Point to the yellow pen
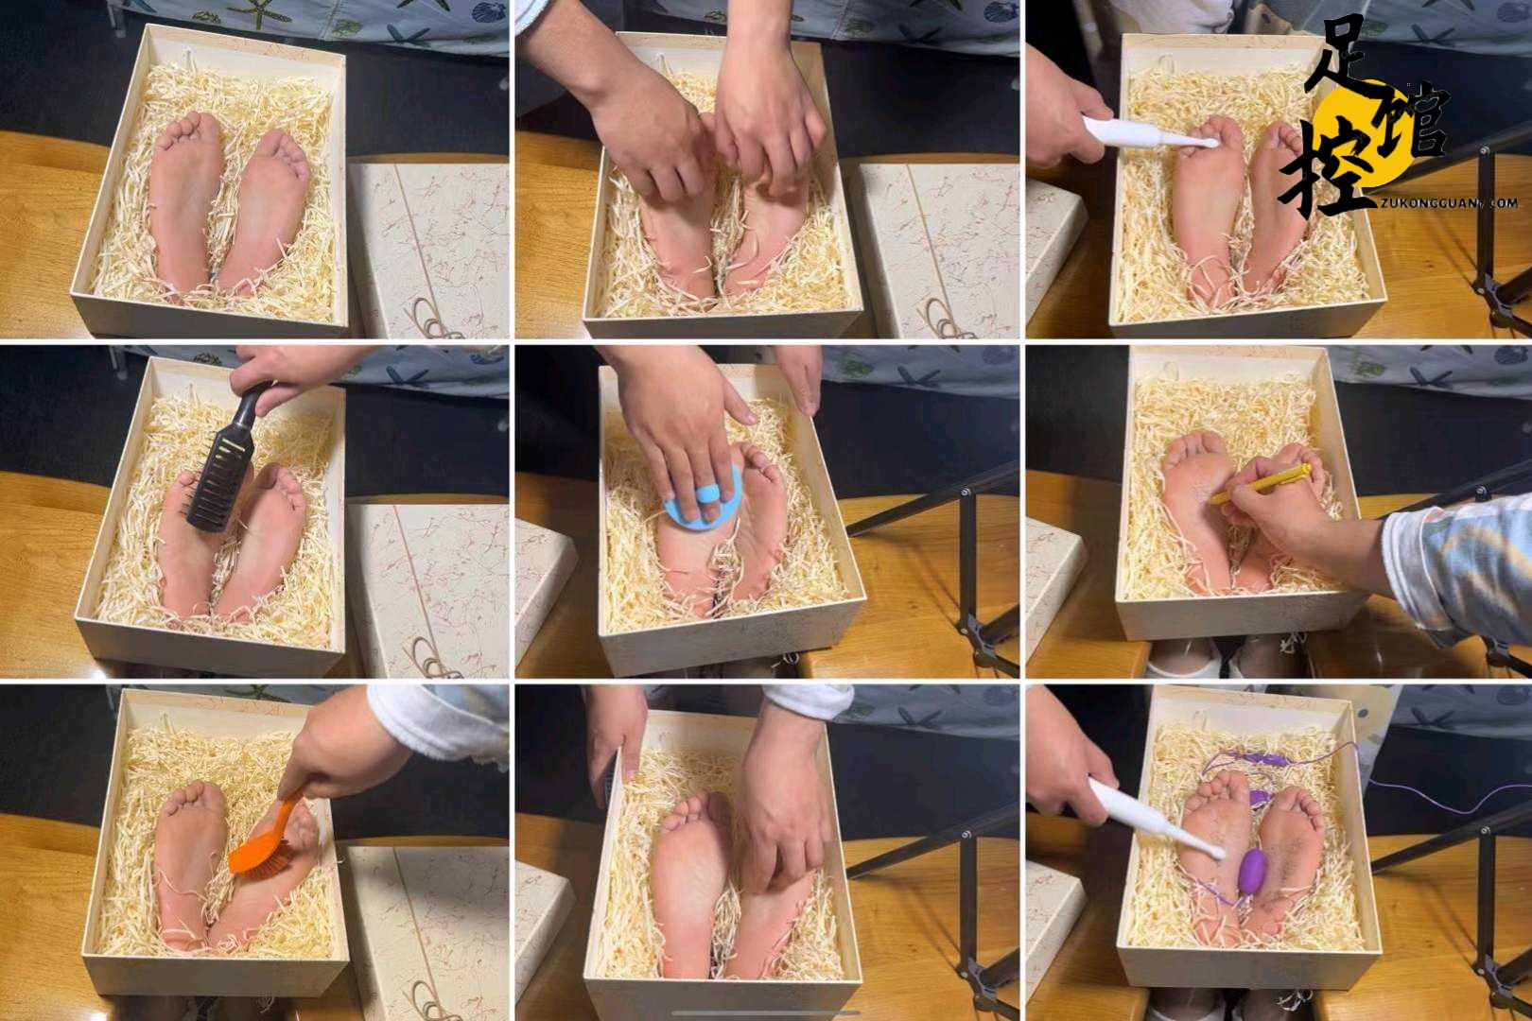coord(1259,483)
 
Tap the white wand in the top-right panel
coord(1140,133)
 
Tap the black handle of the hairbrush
coord(252,404)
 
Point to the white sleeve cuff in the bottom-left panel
coord(438,725)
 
